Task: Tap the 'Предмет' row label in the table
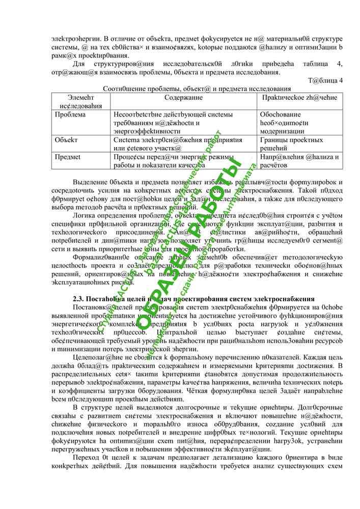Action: point(69,157)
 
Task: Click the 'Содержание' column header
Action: point(184,97)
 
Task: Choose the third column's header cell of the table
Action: point(298,97)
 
